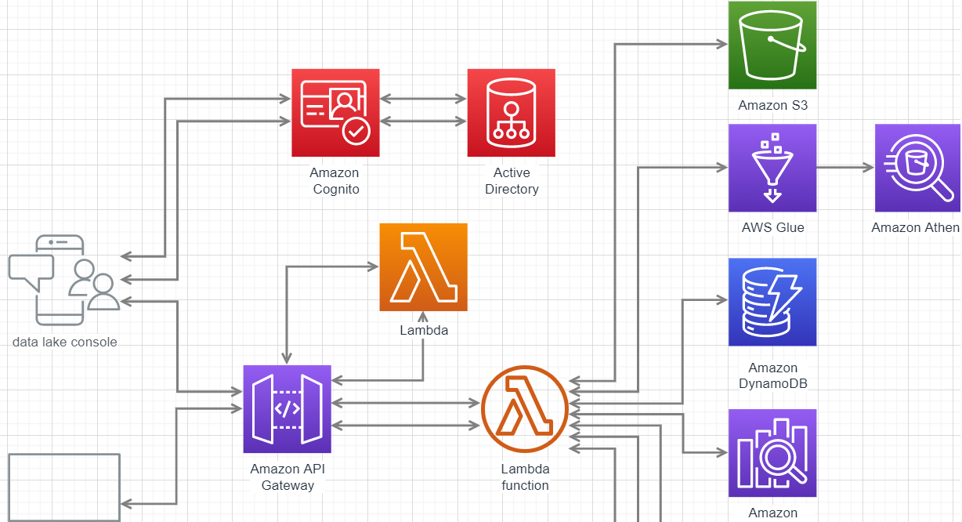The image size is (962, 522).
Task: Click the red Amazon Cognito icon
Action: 335,113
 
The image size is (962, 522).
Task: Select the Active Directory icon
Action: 511,113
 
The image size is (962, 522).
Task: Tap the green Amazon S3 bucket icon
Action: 772,45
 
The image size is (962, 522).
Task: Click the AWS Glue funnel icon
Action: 772,168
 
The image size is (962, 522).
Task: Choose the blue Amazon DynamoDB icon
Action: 772,302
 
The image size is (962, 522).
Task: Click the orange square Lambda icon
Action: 423,267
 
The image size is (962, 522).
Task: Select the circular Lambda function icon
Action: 524,409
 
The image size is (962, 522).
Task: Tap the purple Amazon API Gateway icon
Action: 287,409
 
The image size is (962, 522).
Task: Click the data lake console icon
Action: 64,280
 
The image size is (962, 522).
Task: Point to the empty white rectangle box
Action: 64,487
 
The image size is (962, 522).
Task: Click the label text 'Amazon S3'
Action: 772,105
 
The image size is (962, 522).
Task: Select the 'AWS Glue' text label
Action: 772,228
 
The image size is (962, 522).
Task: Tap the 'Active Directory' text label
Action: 512,181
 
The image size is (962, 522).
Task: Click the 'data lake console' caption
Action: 65,342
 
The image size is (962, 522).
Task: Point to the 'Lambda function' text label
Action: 525,477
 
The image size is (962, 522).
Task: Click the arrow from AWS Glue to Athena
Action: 845,168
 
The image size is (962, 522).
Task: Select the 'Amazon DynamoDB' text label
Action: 772,375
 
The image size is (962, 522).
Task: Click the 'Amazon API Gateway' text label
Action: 288,477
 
